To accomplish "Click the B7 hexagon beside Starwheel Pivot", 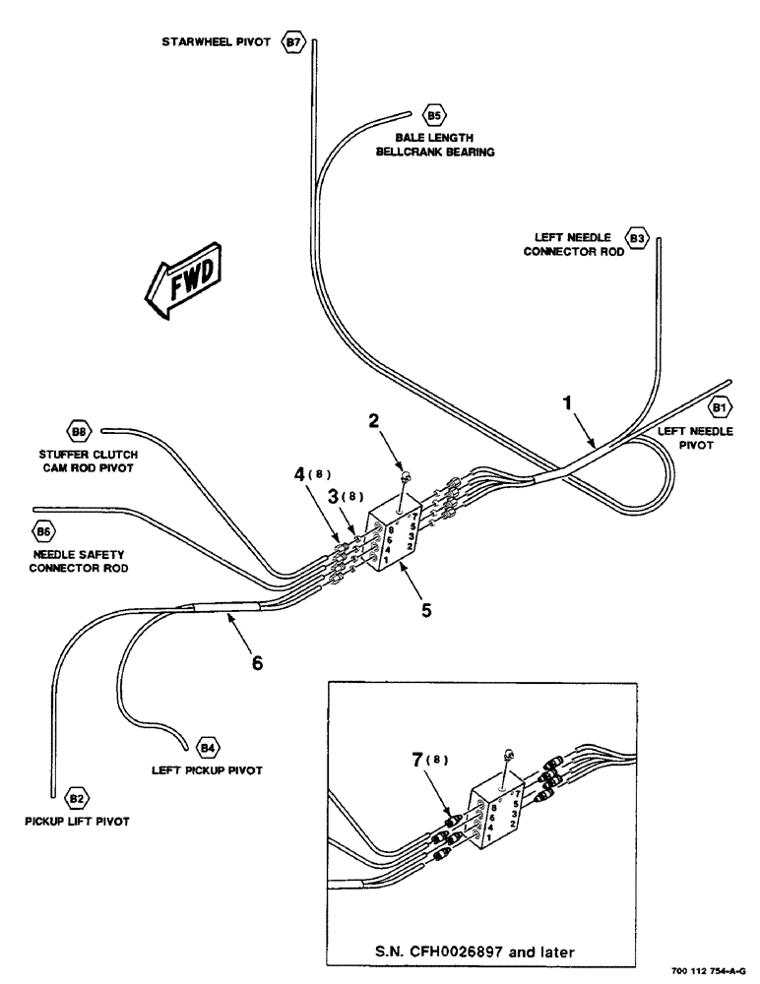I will pyautogui.click(x=293, y=43).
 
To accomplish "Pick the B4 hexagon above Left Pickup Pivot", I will pyautogui.click(x=208, y=745).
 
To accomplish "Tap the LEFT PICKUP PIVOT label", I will pyautogui.click(x=207, y=770).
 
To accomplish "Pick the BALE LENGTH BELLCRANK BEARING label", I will pyautogui.click(x=441, y=146).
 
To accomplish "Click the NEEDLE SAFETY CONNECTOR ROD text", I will pyautogui.click(x=82, y=561).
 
